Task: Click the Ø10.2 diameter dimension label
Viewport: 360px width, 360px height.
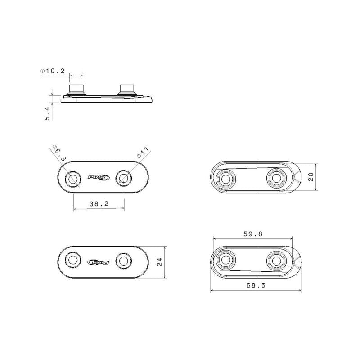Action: [53, 71]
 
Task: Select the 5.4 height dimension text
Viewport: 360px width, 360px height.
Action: [47, 113]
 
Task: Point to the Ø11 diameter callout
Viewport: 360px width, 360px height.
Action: [143, 152]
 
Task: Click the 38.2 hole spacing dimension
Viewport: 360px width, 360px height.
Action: [99, 204]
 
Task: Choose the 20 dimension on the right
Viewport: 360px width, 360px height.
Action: [311, 177]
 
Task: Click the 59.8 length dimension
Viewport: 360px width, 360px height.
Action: [253, 234]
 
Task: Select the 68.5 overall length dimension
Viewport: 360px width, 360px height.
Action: [256, 285]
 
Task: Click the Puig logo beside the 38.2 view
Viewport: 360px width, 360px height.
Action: [99, 177]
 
